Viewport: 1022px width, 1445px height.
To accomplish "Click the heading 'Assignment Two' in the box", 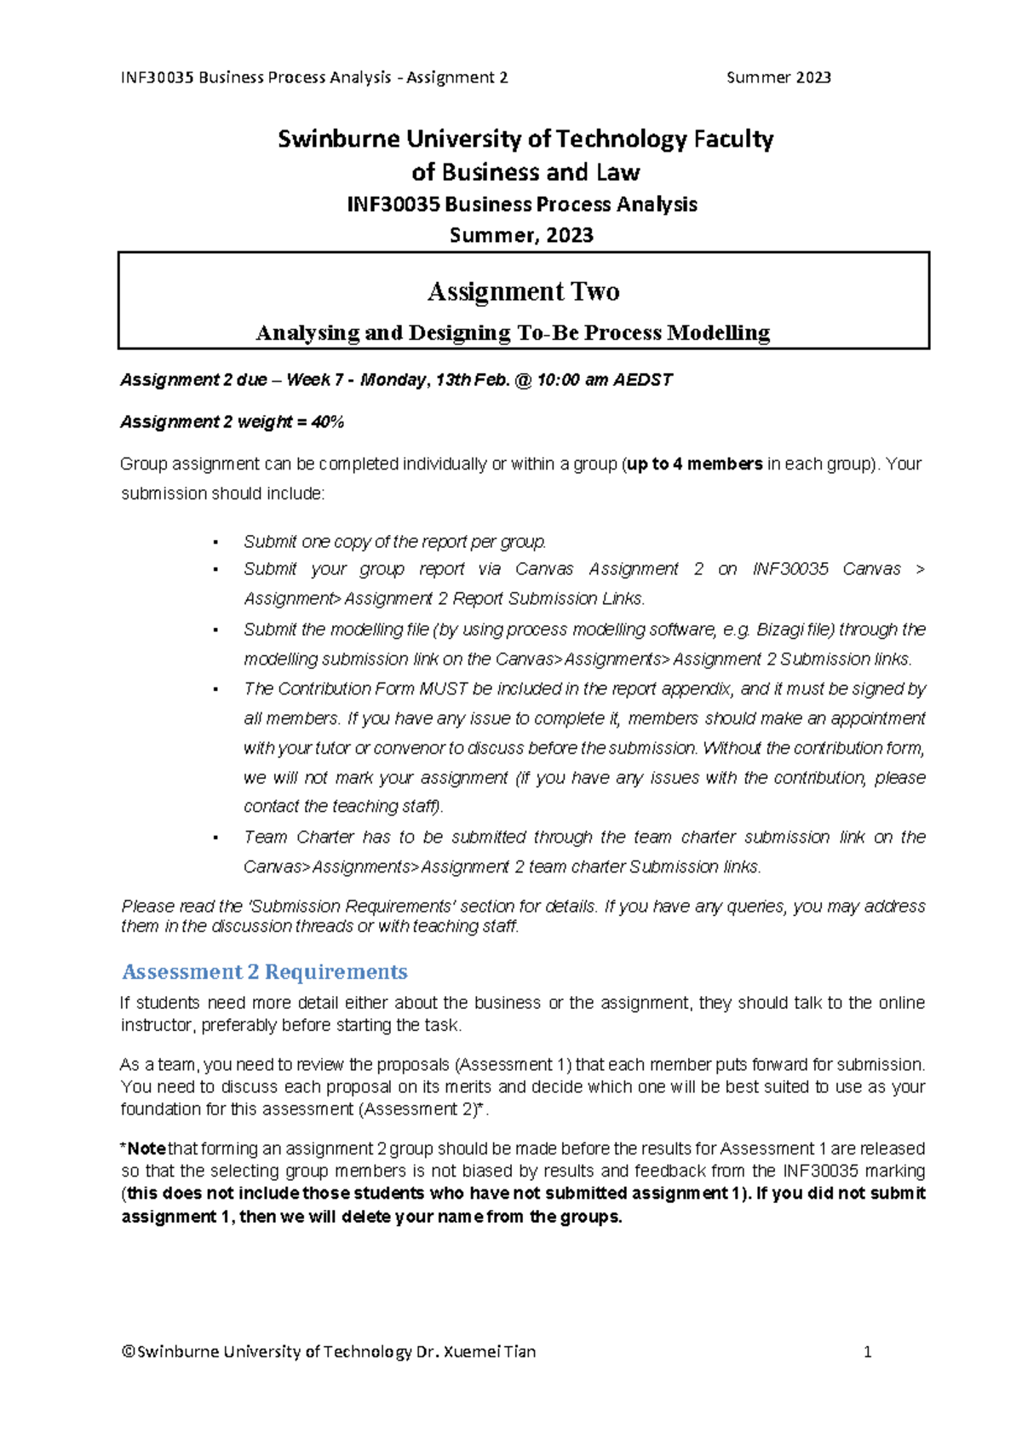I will click(523, 292).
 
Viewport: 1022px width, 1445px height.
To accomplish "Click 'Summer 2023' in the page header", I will click(778, 78).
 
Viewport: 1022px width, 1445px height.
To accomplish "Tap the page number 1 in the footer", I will click(867, 1352).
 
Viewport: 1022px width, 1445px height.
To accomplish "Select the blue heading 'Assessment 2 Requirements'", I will click(264, 972).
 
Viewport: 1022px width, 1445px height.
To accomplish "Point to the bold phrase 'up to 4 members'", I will click(694, 464).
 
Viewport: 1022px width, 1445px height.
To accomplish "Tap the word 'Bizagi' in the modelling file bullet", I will click(782, 630).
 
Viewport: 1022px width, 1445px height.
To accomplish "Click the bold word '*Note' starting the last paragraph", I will click(144, 1149).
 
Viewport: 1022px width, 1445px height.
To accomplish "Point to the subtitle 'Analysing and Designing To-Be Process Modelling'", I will click(513, 333).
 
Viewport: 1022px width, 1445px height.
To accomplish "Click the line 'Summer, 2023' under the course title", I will click(521, 236).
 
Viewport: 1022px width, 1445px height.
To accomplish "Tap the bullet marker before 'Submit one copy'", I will click(216, 543).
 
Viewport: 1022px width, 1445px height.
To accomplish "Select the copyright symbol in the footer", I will click(128, 1352).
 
